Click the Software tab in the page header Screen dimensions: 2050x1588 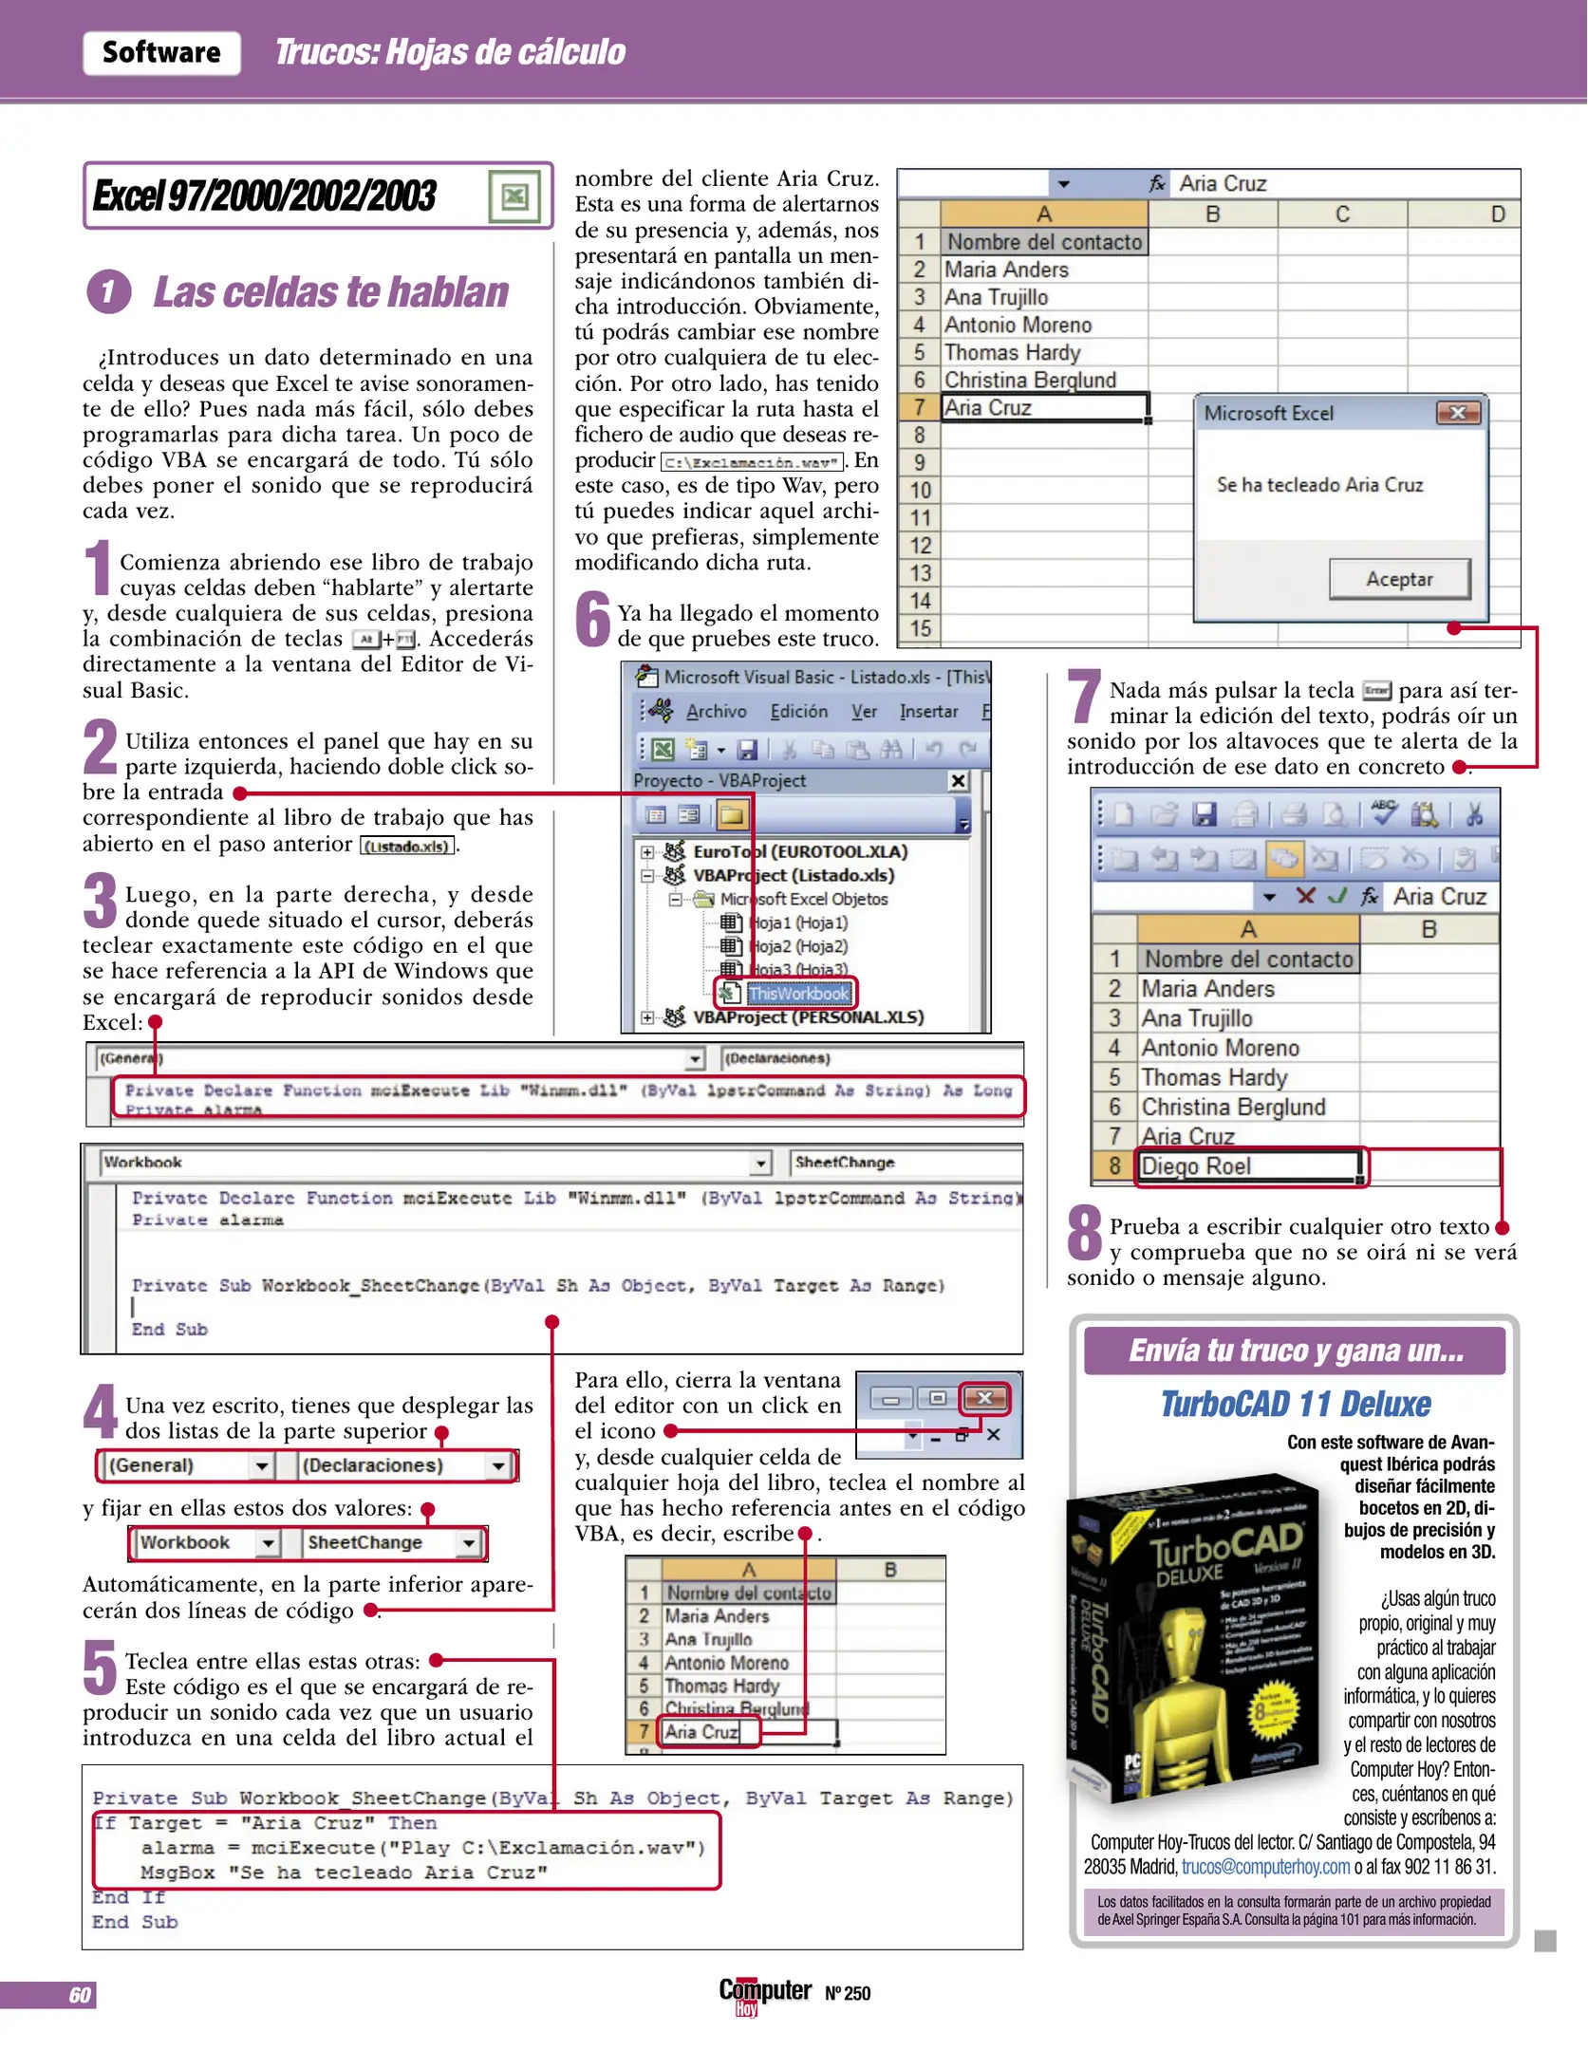click(161, 52)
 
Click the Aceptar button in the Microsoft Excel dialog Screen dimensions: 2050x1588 click(1399, 579)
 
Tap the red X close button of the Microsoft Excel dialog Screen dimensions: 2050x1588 click(1458, 413)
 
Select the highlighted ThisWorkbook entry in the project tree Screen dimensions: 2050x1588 click(797, 994)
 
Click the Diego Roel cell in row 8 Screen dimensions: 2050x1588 click(1248, 1166)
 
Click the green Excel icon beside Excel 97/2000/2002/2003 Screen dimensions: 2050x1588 click(514, 196)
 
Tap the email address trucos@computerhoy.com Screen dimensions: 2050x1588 click(1265, 1867)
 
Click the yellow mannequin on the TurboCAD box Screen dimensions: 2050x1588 click(1191, 1670)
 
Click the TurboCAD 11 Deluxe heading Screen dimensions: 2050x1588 click(1295, 1405)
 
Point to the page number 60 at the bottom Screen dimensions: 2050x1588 click(80, 1995)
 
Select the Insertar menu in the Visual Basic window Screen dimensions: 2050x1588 click(928, 712)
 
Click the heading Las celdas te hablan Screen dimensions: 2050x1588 click(330, 292)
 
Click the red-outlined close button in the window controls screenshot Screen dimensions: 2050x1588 click(985, 1398)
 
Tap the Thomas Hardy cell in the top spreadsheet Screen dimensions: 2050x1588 click(1012, 353)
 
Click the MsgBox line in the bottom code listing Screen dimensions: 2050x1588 click(344, 1873)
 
